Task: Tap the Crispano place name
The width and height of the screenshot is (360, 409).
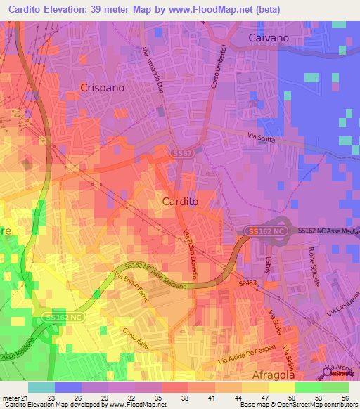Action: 103,89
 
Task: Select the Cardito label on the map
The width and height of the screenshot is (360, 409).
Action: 180,201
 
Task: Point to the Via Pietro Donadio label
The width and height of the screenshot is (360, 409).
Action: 191,247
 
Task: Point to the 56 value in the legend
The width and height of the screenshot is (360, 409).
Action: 335,398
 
